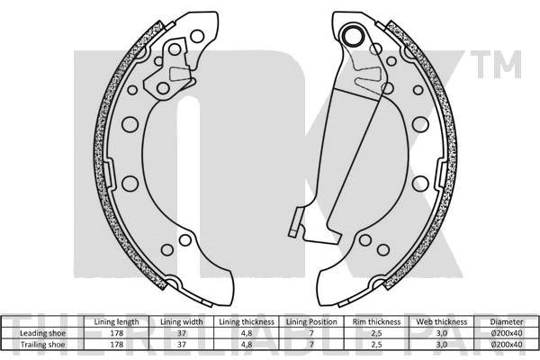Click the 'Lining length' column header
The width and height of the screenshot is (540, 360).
click(x=116, y=322)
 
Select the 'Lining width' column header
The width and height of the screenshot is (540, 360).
click(x=182, y=322)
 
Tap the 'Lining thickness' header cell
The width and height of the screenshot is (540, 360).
click(x=247, y=322)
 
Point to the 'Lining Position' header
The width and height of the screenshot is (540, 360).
click(x=311, y=322)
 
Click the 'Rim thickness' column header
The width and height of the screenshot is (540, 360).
click(x=376, y=322)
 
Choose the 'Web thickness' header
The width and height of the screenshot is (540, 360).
click(x=442, y=322)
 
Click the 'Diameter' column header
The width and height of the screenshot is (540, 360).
click(x=507, y=322)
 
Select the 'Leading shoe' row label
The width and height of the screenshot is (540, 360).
click(x=42, y=333)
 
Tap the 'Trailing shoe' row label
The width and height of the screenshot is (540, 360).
click(x=42, y=344)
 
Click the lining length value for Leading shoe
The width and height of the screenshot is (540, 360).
click(x=117, y=333)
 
